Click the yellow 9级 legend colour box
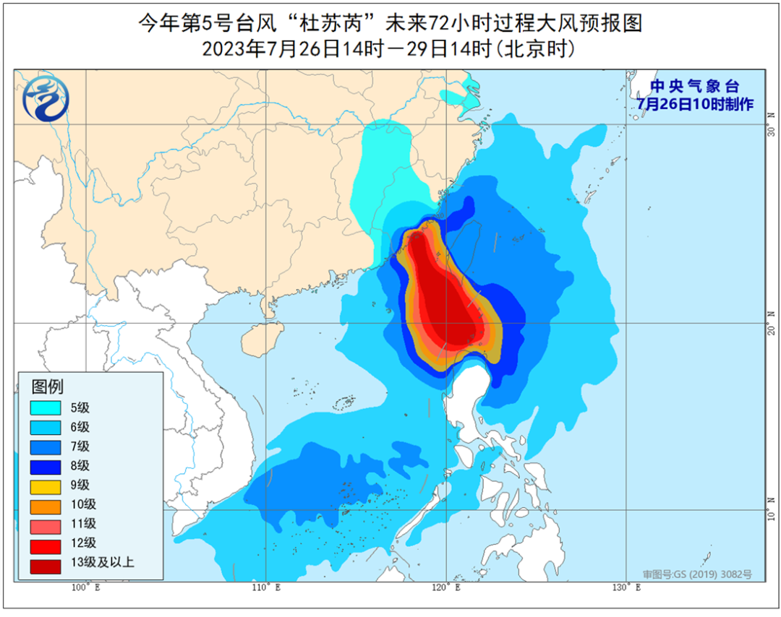pyautogui.click(x=46, y=486)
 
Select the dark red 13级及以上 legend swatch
pyautogui.click(x=46, y=564)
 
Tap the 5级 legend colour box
pyautogui.click(x=46, y=407)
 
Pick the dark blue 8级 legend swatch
pyautogui.click(x=46, y=466)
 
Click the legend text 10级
pyautogui.click(x=82, y=505)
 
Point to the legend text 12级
pyautogui.click(x=82, y=544)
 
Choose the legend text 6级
pyautogui.click(x=79, y=427)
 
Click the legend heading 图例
pyautogui.click(x=48, y=386)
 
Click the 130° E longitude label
pyautogui.click(x=627, y=588)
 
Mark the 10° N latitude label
pyautogui.click(x=772, y=504)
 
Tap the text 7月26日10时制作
pyautogui.click(x=695, y=104)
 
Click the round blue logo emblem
pyautogui.click(x=46, y=100)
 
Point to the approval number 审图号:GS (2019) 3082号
pyautogui.click(x=697, y=574)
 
